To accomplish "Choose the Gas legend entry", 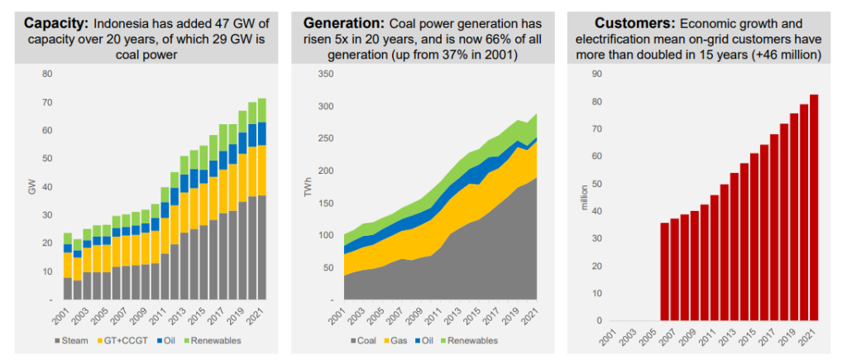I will click(398, 340).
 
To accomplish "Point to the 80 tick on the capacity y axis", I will click(48, 74).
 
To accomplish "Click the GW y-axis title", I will click(31, 187).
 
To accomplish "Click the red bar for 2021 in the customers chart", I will click(812, 208).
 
